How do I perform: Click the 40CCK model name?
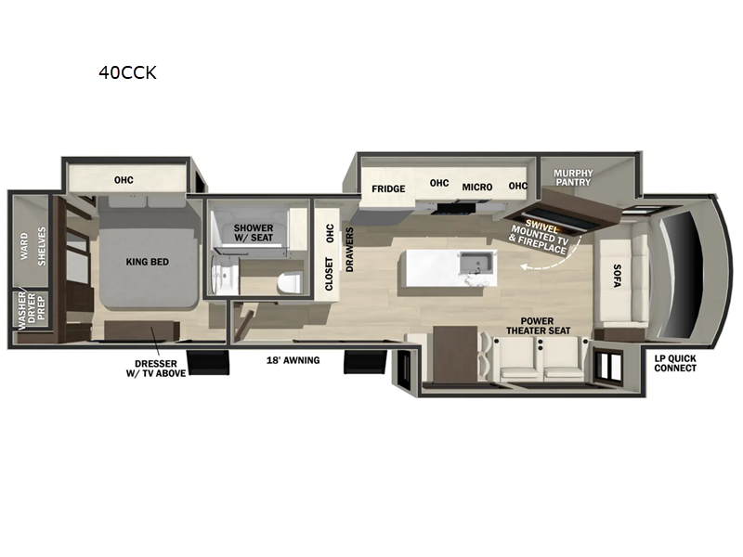[127, 73]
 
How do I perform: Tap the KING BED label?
[148, 263]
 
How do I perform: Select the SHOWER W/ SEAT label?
[254, 233]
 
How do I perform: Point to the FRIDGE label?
[388, 188]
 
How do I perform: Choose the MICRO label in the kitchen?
[477, 187]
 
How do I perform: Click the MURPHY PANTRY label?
[572, 177]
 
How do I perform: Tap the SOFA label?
[617, 276]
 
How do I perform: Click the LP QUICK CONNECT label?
[675, 362]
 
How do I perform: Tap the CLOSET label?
[329, 275]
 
